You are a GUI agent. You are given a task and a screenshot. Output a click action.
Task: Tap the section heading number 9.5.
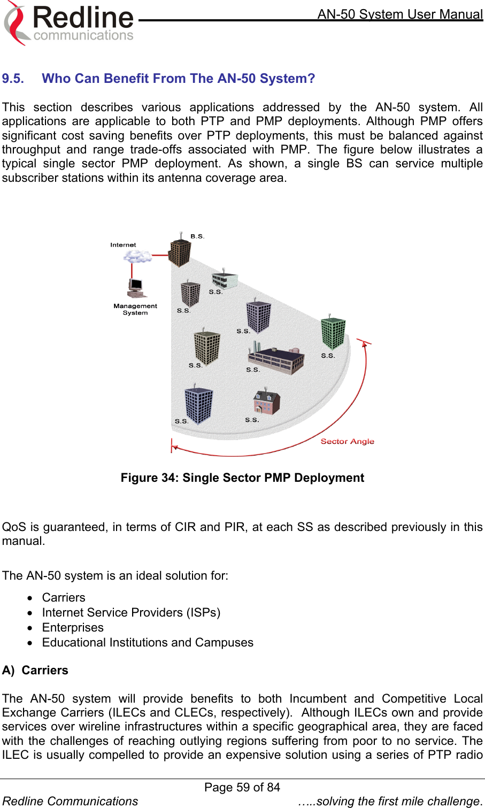(13, 79)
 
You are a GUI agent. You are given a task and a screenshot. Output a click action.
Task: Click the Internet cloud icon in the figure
(137, 257)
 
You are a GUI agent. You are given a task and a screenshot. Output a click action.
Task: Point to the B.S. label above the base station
(197, 236)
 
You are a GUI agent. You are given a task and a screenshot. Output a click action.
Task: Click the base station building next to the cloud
(180, 252)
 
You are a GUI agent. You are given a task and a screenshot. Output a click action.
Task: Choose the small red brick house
(266, 402)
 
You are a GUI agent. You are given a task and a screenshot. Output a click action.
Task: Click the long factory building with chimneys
(276, 359)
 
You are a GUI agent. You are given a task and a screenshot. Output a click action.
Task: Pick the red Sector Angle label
(347, 441)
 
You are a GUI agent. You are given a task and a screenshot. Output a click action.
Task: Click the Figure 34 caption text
(242, 478)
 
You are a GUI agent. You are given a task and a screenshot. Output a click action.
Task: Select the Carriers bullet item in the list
(64, 597)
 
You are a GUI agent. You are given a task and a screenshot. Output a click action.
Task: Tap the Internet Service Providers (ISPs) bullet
(131, 612)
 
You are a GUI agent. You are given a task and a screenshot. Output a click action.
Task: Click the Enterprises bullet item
(73, 627)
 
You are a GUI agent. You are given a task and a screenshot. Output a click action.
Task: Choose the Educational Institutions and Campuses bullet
(148, 642)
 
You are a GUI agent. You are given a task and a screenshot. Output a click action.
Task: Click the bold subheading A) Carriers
(35, 670)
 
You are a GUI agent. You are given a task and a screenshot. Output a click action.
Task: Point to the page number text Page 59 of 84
(242, 787)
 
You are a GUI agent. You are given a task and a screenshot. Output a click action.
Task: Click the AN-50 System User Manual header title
(400, 14)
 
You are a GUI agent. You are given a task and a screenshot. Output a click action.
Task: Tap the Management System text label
(135, 309)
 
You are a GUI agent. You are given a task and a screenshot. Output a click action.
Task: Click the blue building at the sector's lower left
(198, 405)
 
